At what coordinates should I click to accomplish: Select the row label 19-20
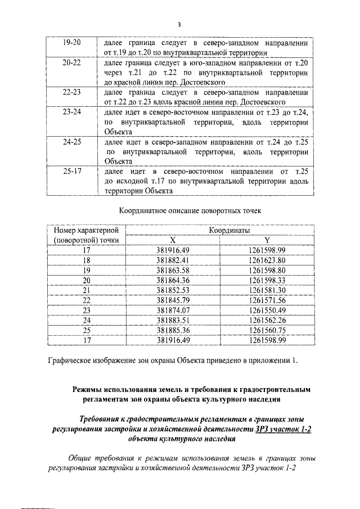[72, 43]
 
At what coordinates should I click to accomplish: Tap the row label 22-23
[72, 92]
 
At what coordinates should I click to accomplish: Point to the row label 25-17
[72, 171]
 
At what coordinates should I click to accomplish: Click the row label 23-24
[72, 112]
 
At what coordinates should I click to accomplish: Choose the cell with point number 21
[87, 290]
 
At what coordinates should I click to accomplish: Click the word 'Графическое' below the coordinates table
[70, 360]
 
